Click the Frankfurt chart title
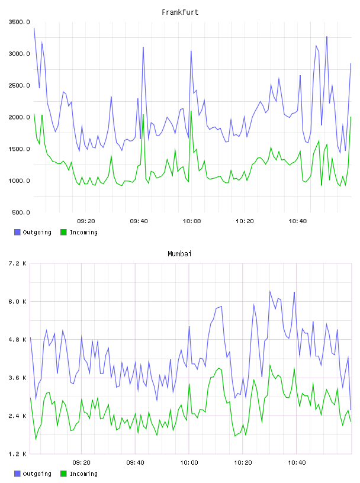pos(180,12)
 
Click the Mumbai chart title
pos(179,254)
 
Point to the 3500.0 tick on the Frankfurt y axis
pos(19,22)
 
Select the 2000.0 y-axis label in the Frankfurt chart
pos(19,117)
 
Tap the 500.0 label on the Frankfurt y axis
pos(21,212)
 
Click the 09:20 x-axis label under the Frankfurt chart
pos(86,221)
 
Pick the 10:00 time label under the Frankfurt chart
pos(192,221)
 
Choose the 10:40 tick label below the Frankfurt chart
pos(297,221)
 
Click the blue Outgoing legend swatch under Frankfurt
pos(17,232)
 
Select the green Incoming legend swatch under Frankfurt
pos(63,232)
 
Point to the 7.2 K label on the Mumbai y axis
pos(17,263)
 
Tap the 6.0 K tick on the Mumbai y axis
pos(17,302)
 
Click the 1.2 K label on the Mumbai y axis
pos(17,454)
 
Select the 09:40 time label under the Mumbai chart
pos(136,463)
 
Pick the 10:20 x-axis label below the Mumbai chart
pos(243,463)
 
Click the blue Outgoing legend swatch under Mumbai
pos(17,474)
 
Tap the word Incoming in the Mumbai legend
pos(83,474)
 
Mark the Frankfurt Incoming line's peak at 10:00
pos(191,111)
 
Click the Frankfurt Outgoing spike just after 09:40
pos(143,47)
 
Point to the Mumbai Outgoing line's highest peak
pos(269,291)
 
